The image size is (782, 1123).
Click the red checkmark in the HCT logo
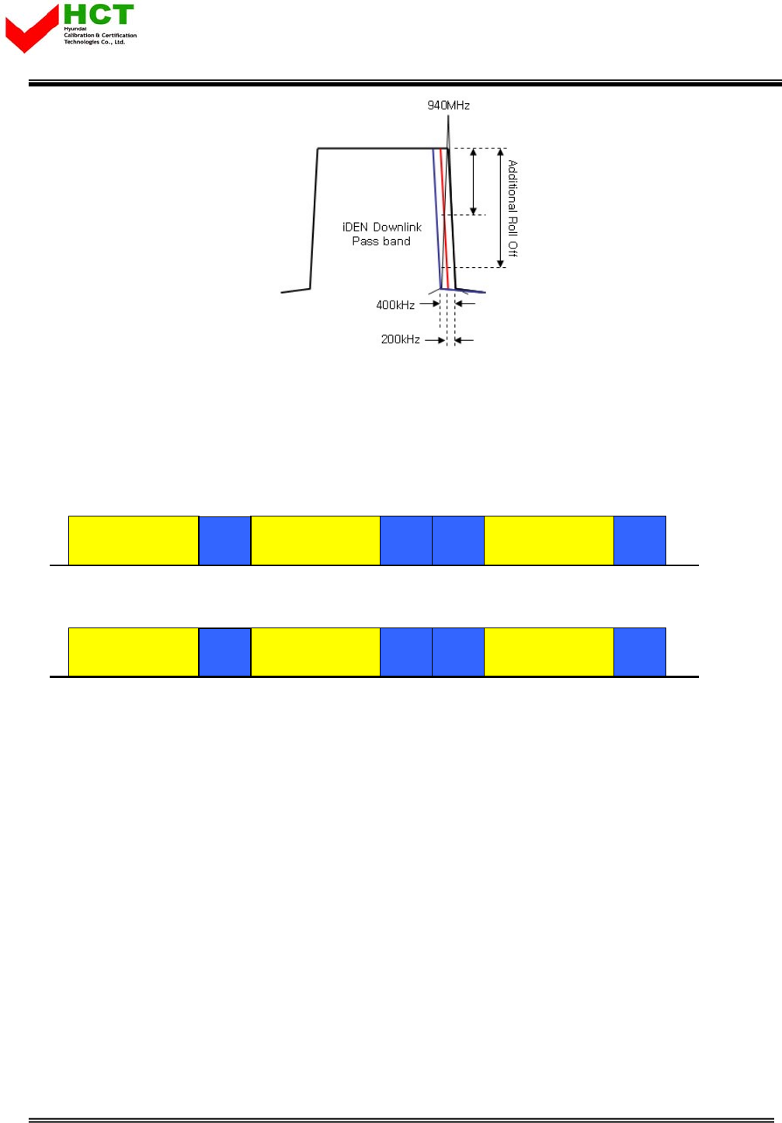click(x=31, y=30)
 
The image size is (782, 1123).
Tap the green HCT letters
click(x=99, y=15)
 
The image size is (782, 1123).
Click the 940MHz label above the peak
click(x=448, y=106)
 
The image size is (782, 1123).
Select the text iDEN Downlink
click(x=382, y=228)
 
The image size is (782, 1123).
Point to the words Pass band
click(x=381, y=242)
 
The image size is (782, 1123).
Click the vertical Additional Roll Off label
click(x=513, y=208)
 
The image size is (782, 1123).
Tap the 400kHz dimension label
click(x=395, y=305)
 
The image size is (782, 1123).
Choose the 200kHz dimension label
click(x=400, y=339)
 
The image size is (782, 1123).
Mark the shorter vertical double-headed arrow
click(x=473, y=182)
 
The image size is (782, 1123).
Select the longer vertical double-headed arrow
click(x=501, y=208)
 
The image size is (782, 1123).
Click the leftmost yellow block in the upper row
click(x=134, y=541)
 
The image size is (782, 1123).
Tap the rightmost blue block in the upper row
click(x=640, y=541)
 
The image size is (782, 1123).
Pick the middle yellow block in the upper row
click(x=315, y=541)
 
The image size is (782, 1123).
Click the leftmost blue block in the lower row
click(x=224, y=652)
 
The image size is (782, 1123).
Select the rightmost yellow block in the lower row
click(x=549, y=652)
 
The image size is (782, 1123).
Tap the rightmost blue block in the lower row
click(x=640, y=652)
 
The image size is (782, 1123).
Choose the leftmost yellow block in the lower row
click(x=134, y=652)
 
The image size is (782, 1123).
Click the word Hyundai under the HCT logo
click(x=75, y=29)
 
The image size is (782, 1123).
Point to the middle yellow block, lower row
click(x=315, y=652)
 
